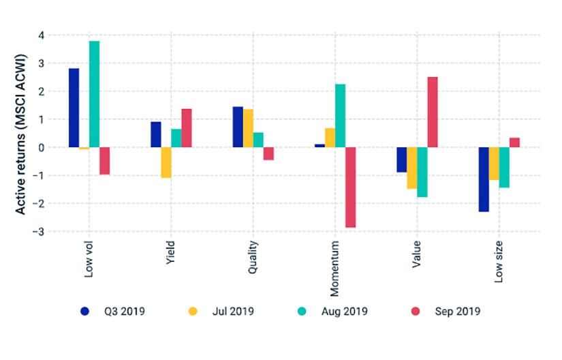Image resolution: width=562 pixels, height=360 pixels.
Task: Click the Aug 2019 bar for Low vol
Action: pyautogui.click(x=94, y=94)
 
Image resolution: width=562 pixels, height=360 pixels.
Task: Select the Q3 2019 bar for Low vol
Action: pyautogui.click(x=74, y=108)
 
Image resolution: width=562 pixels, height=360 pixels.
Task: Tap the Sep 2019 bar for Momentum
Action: pyautogui.click(x=350, y=187)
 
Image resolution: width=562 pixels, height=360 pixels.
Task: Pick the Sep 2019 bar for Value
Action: pyautogui.click(x=432, y=112)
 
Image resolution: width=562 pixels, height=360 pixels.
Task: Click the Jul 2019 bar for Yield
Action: pyautogui.click(x=166, y=162)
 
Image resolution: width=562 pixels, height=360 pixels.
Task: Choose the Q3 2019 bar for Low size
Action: pyautogui.click(x=483, y=179)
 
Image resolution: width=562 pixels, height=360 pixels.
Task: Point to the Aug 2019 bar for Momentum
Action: pyautogui.click(x=340, y=116)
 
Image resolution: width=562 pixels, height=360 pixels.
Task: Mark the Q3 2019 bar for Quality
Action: pyautogui.click(x=238, y=127)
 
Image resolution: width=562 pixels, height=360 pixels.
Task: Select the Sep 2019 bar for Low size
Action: pyautogui.click(x=514, y=142)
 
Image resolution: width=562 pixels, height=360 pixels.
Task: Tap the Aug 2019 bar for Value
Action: pyautogui.click(x=422, y=172)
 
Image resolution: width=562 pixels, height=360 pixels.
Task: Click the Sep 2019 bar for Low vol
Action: pyautogui.click(x=104, y=161)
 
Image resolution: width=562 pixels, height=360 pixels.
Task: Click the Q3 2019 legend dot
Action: pyautogui.click(x=84, y=312)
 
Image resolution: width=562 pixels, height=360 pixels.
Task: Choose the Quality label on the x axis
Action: pyautogui.click(x=253, y=260)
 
